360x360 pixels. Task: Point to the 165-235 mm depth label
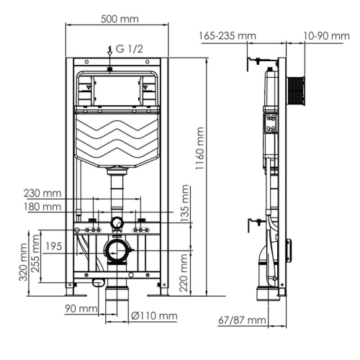[x=228, y=35]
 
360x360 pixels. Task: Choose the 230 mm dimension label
[x=42, y=193]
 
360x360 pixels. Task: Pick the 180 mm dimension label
[x=42, y=207]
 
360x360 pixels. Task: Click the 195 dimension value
[x=53, y=247]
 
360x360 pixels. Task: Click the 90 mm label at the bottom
[x=79, y=310]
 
